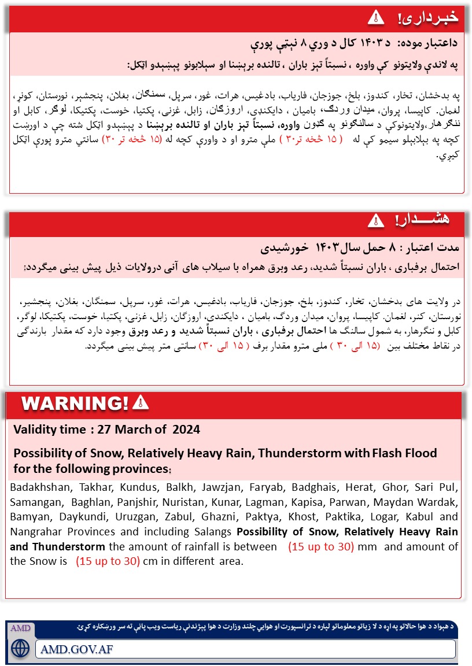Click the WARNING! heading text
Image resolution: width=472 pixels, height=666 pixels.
pyautogui.click(x=75, y=403)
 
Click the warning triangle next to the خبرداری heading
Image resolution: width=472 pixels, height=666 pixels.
pyautogui.click(x=375, y=17)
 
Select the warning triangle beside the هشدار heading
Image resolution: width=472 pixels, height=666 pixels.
pyautogui.click(x=375, y=220)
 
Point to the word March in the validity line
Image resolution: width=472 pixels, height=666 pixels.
pyautogui.click(x=135, y=430)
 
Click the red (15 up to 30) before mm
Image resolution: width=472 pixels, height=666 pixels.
pyautogui.click(x=321, y=547)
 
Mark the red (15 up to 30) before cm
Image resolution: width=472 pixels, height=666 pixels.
pyautogui.click(x=108, y=561)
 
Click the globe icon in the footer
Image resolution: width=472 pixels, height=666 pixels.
pyautogui.click(x=21, y=647)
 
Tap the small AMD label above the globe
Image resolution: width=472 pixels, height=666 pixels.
pyautogui.click(x=20, y=628)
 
